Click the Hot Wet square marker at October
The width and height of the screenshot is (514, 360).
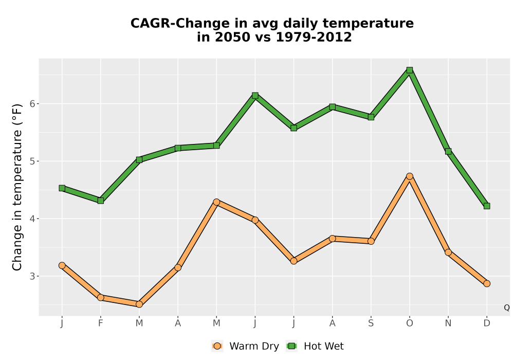410,70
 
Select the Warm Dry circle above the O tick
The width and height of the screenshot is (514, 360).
410,176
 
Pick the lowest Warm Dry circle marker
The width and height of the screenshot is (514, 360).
139,304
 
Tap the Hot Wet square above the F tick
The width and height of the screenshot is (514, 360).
101,201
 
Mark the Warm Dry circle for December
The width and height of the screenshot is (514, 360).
487,283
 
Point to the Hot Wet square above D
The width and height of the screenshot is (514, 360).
487,206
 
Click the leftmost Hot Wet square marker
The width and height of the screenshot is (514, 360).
62,188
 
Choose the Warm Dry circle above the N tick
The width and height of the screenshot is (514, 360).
448,252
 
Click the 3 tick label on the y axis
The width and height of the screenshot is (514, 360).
32,276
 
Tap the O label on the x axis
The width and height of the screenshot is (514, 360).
410,323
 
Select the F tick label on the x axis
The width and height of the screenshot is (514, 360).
101,323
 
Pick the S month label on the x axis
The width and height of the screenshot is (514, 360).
371,323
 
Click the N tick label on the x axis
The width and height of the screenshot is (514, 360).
448,323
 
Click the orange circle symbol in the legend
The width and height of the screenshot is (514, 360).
217,346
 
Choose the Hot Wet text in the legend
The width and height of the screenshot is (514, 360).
323,346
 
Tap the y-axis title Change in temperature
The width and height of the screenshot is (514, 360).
17,187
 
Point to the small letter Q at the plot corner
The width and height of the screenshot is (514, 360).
507,308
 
